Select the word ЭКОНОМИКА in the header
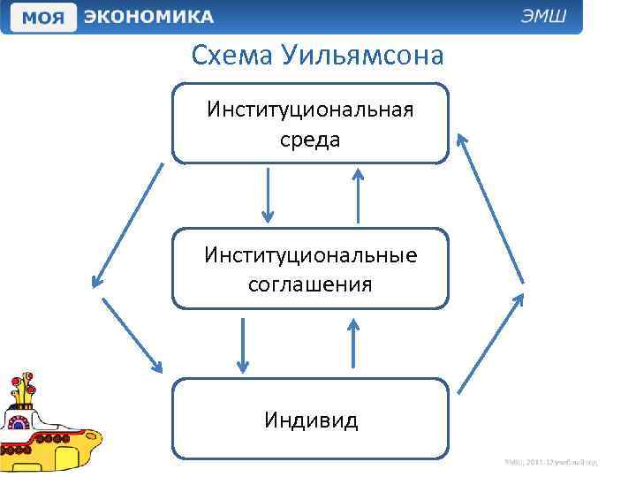(x=149, y=17)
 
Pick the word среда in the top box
(x=310, y=140)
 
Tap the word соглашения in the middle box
(x=310, y=284)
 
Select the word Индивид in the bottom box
(x=310, y=420)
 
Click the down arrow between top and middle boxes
(x=269, y=196)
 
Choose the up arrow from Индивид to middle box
(x=353, y=343)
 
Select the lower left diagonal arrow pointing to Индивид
(x=133, y=335)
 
